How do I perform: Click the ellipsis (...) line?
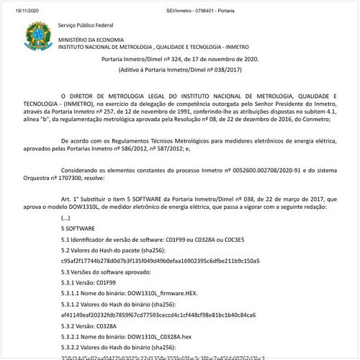point(66,217)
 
